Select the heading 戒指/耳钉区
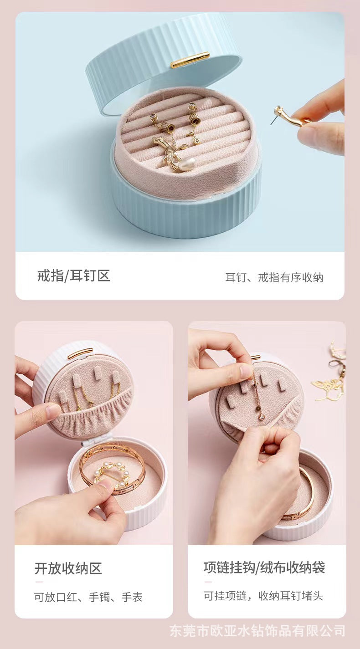[x=74, y=276]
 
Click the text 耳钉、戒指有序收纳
[x=274, y=277]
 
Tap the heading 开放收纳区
[x=68, y=568]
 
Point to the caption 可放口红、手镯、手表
[x=88, y=597]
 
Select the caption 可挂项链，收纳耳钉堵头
[x=263, y=596]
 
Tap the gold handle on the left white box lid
[x=80, y=353]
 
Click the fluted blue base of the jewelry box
[x=186, y=208]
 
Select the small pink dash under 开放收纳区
[x=39, y=582]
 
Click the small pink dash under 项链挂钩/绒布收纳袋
[x=208, y=582]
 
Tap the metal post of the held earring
[x=273, y=119]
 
